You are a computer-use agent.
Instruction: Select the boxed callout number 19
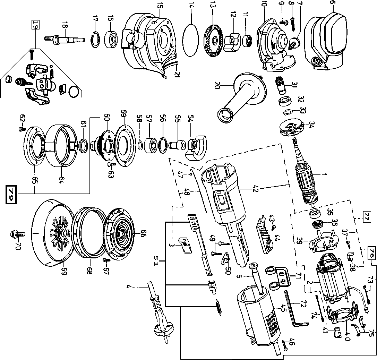35,24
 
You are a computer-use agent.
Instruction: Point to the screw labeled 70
18,235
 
